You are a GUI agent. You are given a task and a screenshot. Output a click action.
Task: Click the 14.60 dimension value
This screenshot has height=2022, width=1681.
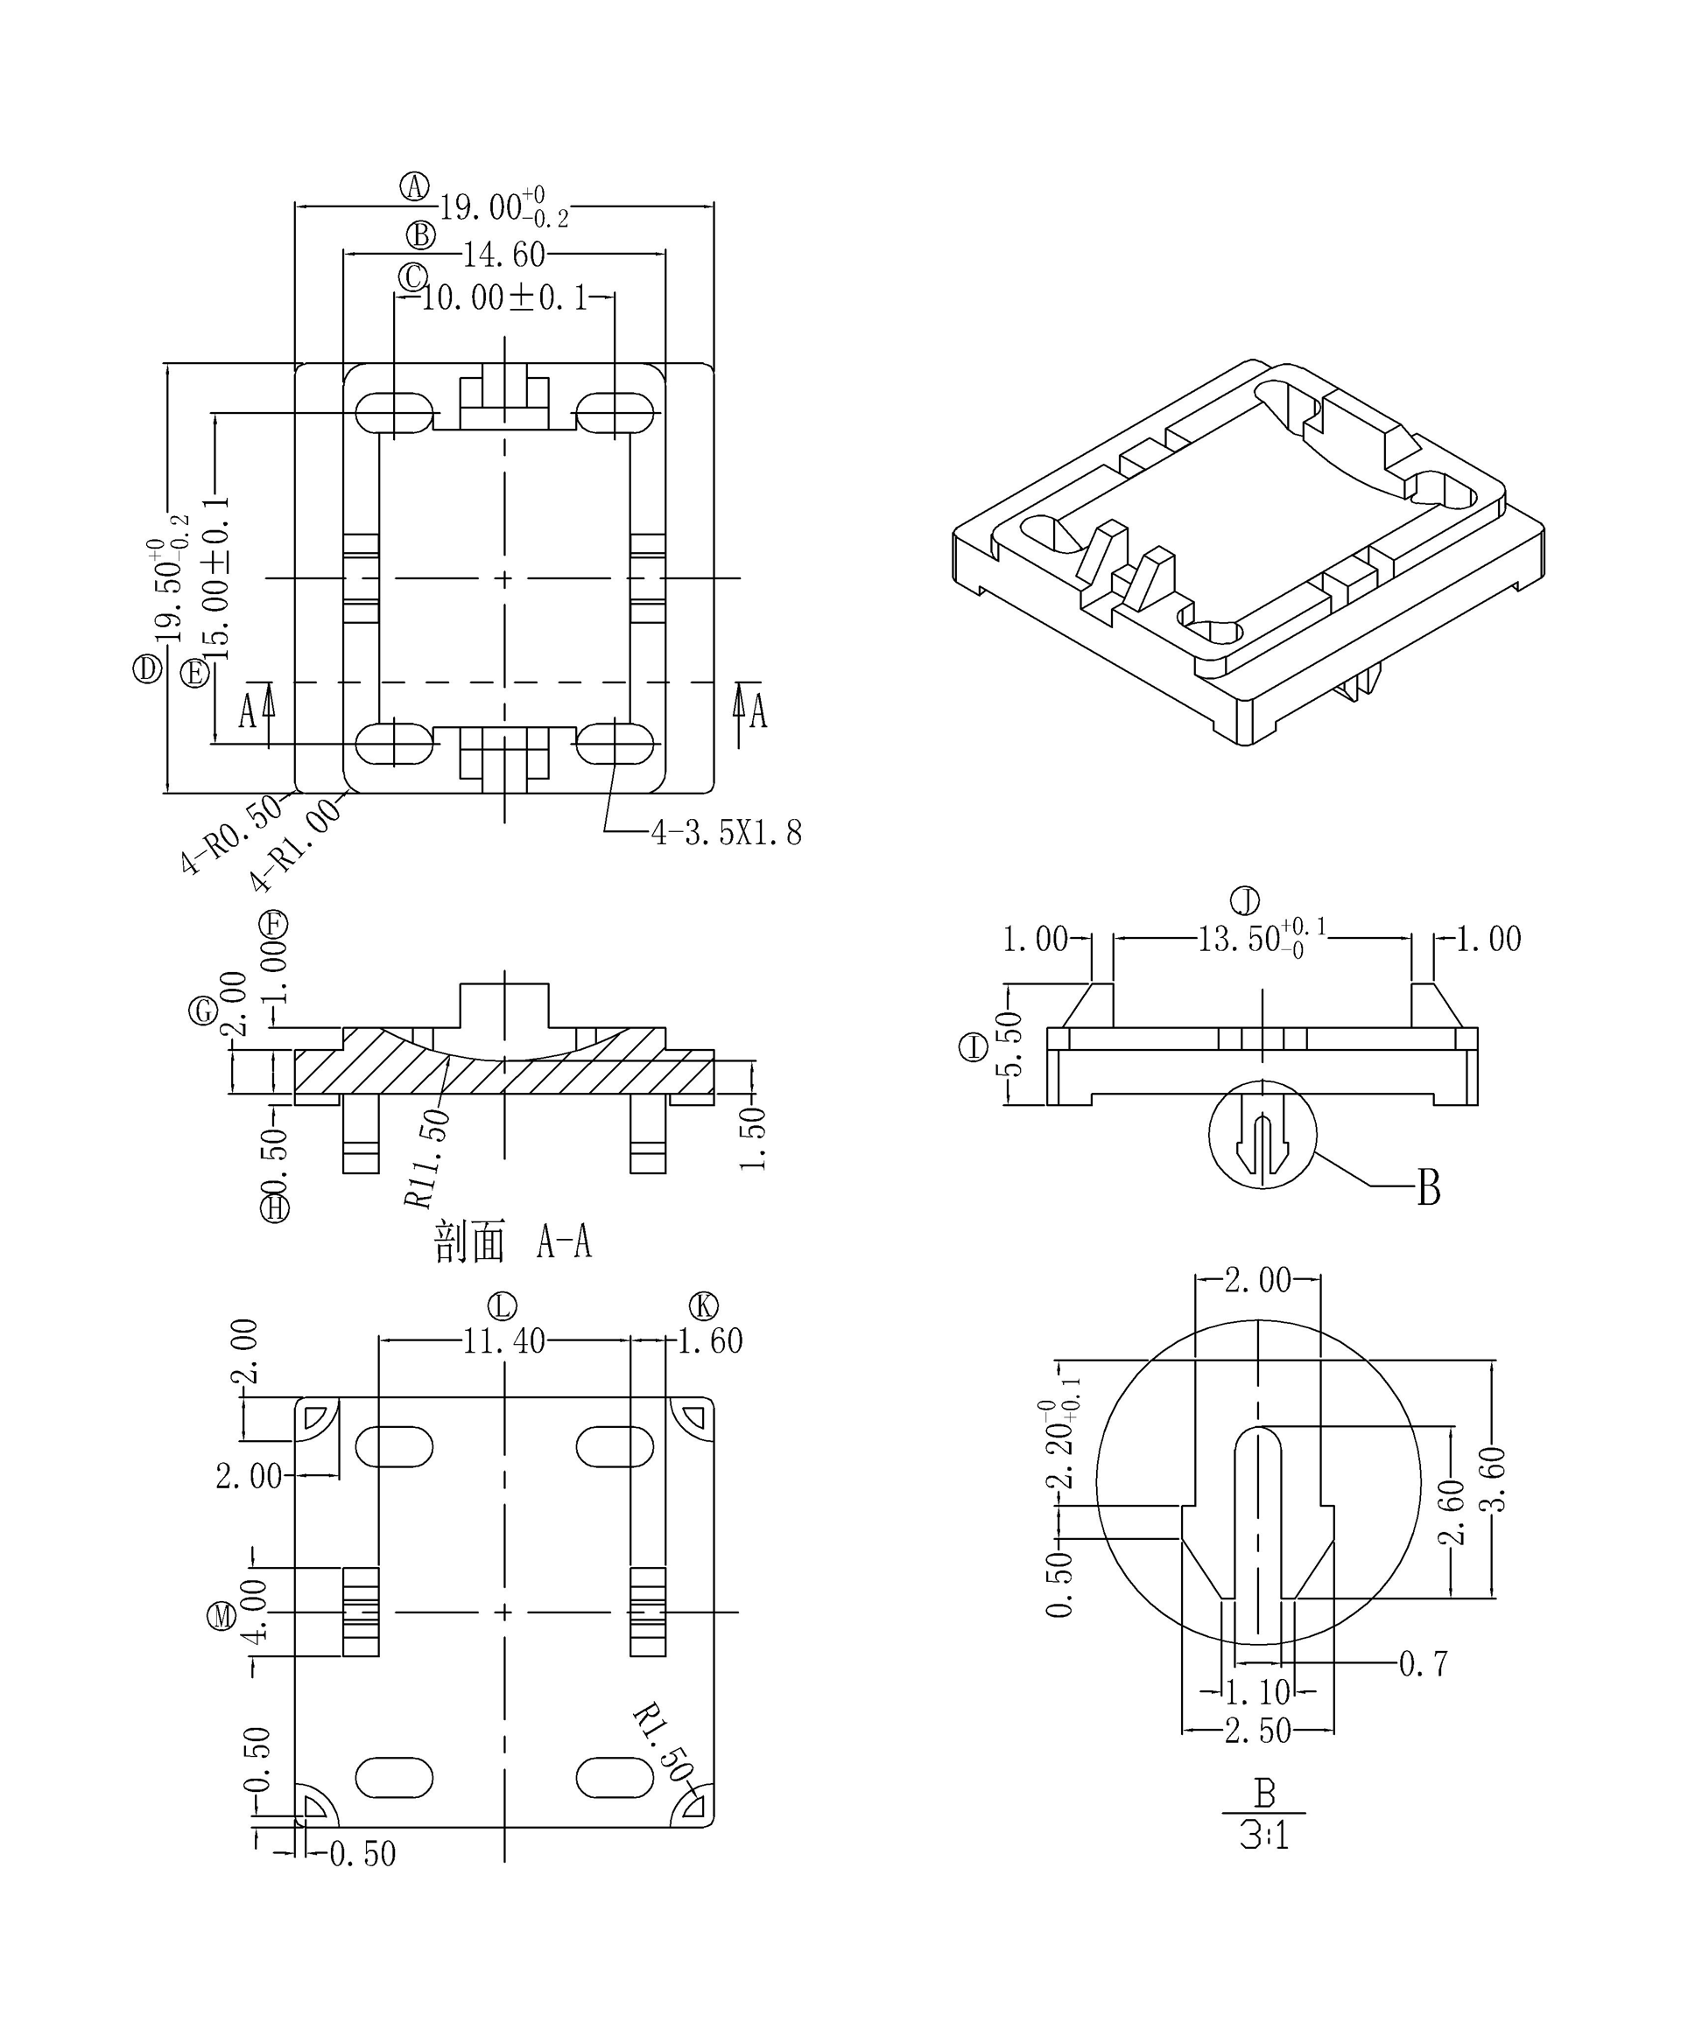tap(503, 255)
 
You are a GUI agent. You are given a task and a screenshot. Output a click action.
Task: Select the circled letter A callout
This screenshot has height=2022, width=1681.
tap(415, 186)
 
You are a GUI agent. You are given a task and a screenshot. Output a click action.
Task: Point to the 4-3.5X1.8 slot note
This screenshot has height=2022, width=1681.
tap(727, 833)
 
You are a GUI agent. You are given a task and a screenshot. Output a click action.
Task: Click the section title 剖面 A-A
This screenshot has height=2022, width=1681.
tap(512, 1243)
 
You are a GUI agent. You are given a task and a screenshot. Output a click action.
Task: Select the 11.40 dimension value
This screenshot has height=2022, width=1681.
tap(503, 1341)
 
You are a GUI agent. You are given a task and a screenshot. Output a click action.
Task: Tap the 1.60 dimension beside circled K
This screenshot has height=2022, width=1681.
tap(710, 1341)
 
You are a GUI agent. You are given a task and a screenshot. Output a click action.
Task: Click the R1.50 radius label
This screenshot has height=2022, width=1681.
tap(663, 1744)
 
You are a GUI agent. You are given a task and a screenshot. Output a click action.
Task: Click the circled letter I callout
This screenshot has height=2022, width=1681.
tap(974, 1046)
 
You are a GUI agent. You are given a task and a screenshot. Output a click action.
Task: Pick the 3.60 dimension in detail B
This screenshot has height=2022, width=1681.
tap(1496, 1478)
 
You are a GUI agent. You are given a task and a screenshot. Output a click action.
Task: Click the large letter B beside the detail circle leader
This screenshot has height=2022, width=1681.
tap(1429, 1189)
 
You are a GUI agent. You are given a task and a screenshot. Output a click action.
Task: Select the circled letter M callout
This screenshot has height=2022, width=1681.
tap(222, 1616)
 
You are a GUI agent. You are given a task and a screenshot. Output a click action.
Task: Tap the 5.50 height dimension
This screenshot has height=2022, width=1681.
tap(1009, 1045)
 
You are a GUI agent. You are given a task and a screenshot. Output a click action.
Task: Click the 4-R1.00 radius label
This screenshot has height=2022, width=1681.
tap(296, 845)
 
